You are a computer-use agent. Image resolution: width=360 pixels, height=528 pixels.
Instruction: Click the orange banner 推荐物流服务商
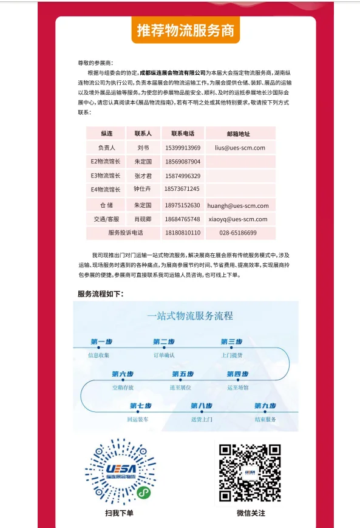coord(186,30)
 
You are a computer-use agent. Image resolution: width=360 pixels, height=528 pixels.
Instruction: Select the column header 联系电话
coord(183,133)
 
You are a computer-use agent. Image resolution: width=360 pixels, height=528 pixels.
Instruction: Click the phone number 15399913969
coord(183,148)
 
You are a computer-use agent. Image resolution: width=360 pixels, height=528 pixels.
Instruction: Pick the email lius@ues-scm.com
coord(240,148)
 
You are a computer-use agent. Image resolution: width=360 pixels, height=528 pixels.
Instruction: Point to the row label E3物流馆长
coord(105,176)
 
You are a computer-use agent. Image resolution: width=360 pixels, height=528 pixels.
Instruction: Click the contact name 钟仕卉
coord(143,189)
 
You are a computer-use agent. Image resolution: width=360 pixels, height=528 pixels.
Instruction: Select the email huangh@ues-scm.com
coord(238,205)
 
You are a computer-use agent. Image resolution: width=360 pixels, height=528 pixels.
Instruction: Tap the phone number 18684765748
coord(183,219)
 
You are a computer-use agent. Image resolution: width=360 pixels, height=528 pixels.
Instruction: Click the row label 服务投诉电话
coord(126,233)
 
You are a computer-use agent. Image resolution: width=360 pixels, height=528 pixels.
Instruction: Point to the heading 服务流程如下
coord(100,294)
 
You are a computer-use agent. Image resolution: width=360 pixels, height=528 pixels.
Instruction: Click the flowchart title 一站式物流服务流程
coord(189,316)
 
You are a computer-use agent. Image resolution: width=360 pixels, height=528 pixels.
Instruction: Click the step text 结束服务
coord(265,419)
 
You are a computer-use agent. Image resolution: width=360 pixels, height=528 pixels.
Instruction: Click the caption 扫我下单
coord(119,513)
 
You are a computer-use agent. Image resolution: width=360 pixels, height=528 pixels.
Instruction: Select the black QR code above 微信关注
coord(251,472)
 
